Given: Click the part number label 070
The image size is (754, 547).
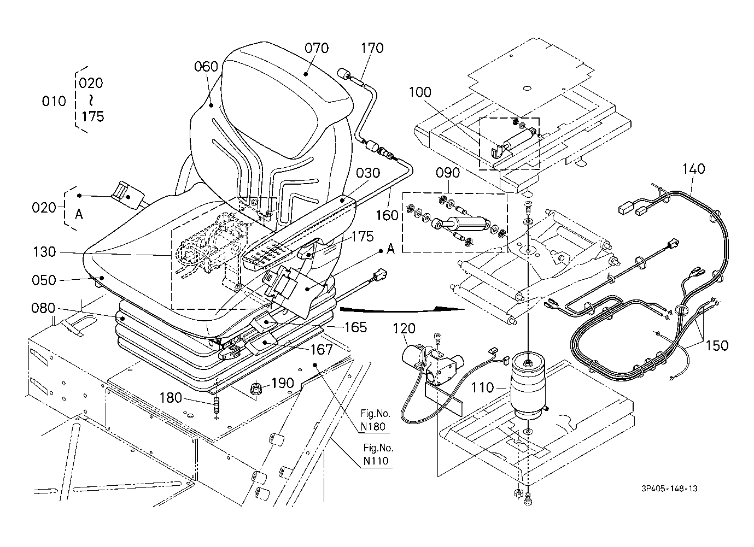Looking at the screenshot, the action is (317, 48).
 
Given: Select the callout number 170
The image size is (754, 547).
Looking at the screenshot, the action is (372, 48).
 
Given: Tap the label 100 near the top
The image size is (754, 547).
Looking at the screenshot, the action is (420, 92).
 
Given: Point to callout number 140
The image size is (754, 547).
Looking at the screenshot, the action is (693, 168).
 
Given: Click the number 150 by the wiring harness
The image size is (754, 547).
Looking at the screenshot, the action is (717, 345).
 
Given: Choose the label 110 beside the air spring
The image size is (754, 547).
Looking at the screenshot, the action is (482, 387).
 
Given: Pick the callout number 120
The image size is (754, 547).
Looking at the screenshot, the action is (404, 328).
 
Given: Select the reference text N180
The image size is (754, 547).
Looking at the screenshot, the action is (372, 427).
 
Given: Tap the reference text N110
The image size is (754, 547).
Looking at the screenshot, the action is (376, 461).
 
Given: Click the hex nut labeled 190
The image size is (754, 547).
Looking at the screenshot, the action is (256, 389).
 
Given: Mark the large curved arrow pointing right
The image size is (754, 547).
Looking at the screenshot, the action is (402, 309).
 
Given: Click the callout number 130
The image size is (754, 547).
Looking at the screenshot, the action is (44, 251).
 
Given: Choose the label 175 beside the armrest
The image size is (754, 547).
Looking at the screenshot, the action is (363, 237).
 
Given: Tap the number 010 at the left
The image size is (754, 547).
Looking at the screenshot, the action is (54, 101).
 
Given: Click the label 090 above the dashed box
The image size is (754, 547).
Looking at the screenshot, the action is (448, 173).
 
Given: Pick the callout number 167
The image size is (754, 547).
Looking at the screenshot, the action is (322, 350).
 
